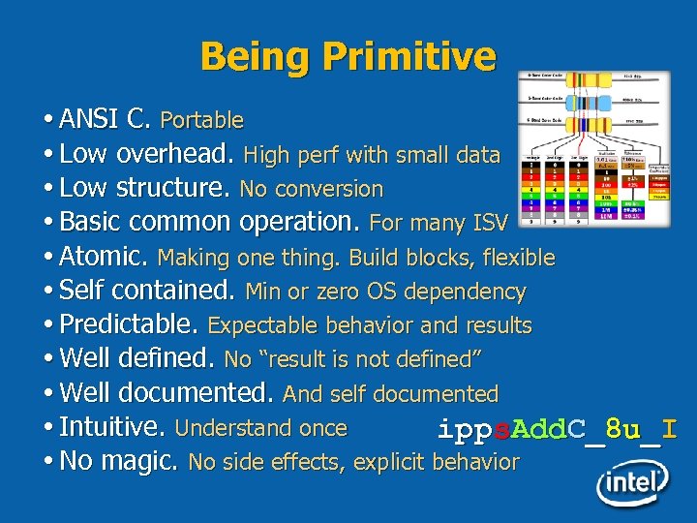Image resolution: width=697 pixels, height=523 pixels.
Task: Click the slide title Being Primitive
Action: point(348,56)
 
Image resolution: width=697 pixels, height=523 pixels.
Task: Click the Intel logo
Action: point(632,481)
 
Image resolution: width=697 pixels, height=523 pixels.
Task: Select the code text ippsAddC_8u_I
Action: point(557,429)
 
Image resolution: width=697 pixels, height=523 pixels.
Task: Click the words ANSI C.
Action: point(105,120)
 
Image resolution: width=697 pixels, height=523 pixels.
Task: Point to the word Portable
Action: point(201,121)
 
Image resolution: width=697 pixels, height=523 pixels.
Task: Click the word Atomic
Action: point(104,257)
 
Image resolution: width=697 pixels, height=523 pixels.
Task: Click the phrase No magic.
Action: point(118,462)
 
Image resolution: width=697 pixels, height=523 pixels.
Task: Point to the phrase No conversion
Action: point(312,189)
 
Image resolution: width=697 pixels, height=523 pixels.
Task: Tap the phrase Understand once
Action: point(261,428)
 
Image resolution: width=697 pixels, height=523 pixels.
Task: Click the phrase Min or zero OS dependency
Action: point(385,292)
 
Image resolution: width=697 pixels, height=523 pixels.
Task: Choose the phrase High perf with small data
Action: point(372,155)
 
